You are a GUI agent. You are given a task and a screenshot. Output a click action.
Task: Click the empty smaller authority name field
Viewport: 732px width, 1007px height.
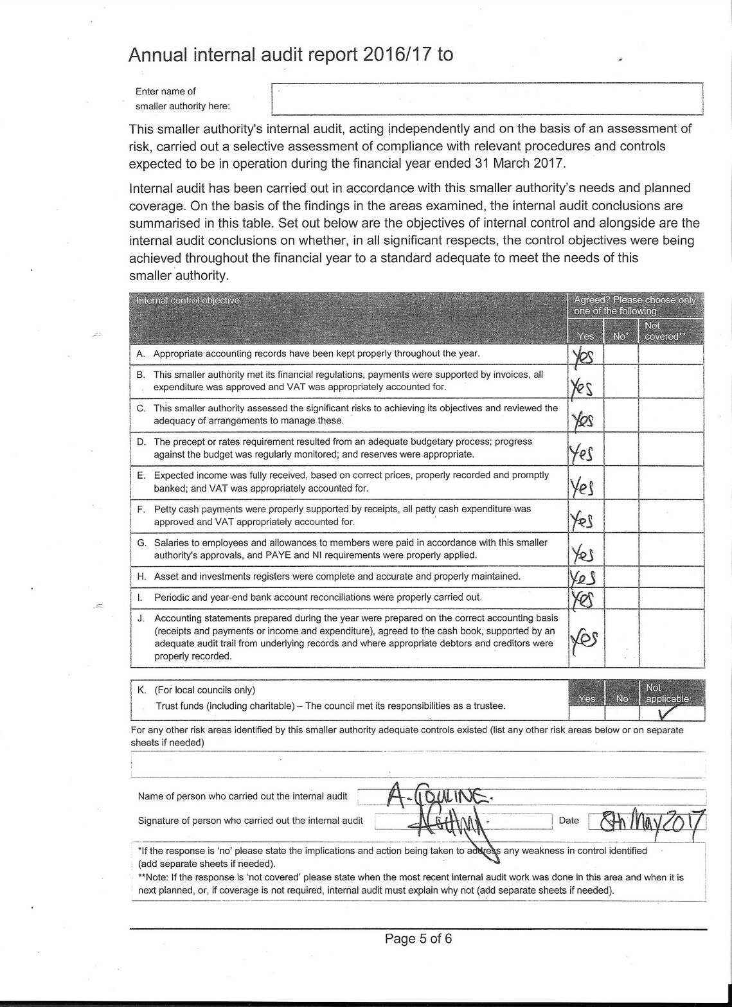pyautogui.click(x=487, y=99)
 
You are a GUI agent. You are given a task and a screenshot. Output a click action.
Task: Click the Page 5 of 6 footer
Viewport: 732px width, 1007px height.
pyautogui.click(x=418, y=939)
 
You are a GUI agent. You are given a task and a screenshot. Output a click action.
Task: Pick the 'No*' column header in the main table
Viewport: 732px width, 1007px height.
pyautogui.click(x=620, y=336)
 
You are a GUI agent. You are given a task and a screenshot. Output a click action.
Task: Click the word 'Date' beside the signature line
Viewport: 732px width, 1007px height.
pyautogui.click(x=569, y=821)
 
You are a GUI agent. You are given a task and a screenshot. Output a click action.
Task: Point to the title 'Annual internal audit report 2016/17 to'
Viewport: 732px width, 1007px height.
pyautogui.click(x=290, y=55)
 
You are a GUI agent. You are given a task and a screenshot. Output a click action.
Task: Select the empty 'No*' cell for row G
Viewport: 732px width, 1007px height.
pyautogui.click(x=621, y=549)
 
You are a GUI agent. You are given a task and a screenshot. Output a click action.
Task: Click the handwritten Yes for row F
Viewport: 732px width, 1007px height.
pyautogui.click(x=582, y=520)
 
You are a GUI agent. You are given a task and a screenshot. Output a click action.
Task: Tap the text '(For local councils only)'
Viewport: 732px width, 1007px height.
pyautogui.click(x=204, y=690)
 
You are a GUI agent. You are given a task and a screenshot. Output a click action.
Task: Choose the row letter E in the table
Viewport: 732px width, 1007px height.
pyautogui.click(x=141, y=476)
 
